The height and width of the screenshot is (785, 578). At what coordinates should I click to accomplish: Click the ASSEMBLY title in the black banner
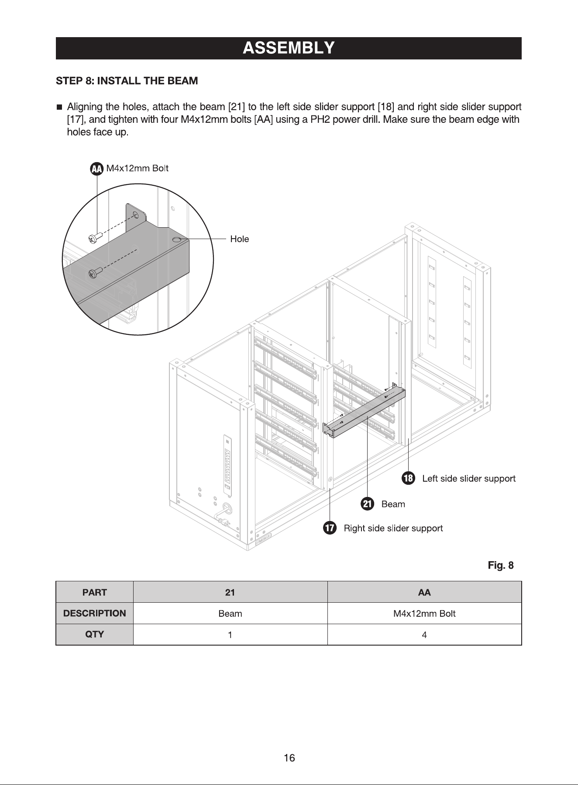coord(289,48)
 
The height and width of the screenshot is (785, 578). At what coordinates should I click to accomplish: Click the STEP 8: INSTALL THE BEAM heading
coord(127,81)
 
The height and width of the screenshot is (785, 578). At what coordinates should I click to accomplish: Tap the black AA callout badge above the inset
coord(97,169)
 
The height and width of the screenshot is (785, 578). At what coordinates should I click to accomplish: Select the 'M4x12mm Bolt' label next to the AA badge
coord(138,168)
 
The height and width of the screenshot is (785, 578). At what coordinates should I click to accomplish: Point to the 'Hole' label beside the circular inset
coord(240,239)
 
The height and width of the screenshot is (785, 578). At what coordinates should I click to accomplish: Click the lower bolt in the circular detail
coord(96,272)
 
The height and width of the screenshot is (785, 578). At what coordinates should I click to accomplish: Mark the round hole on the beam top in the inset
coord(177,240)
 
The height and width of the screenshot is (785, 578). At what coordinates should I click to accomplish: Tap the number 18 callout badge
coord(408,479)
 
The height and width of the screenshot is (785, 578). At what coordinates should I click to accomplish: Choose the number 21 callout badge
coord(368,504)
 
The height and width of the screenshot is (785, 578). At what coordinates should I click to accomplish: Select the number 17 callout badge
coord(330,528)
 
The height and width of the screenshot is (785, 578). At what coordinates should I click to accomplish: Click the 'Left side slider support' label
coord(469,479)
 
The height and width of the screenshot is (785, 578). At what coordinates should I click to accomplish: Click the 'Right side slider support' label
coord(393,528)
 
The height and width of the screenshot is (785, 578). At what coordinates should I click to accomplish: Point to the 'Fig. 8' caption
coord(501,566)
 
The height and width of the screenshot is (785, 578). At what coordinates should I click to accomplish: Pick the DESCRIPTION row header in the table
coord(94,613)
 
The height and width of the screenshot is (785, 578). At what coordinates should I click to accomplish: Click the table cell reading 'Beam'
coord(230,613)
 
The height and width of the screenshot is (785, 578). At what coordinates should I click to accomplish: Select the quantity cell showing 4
coord(424,634)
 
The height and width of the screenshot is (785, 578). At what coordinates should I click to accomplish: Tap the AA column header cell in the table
coord(424,592)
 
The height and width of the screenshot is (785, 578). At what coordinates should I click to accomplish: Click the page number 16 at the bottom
coord(289,757)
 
